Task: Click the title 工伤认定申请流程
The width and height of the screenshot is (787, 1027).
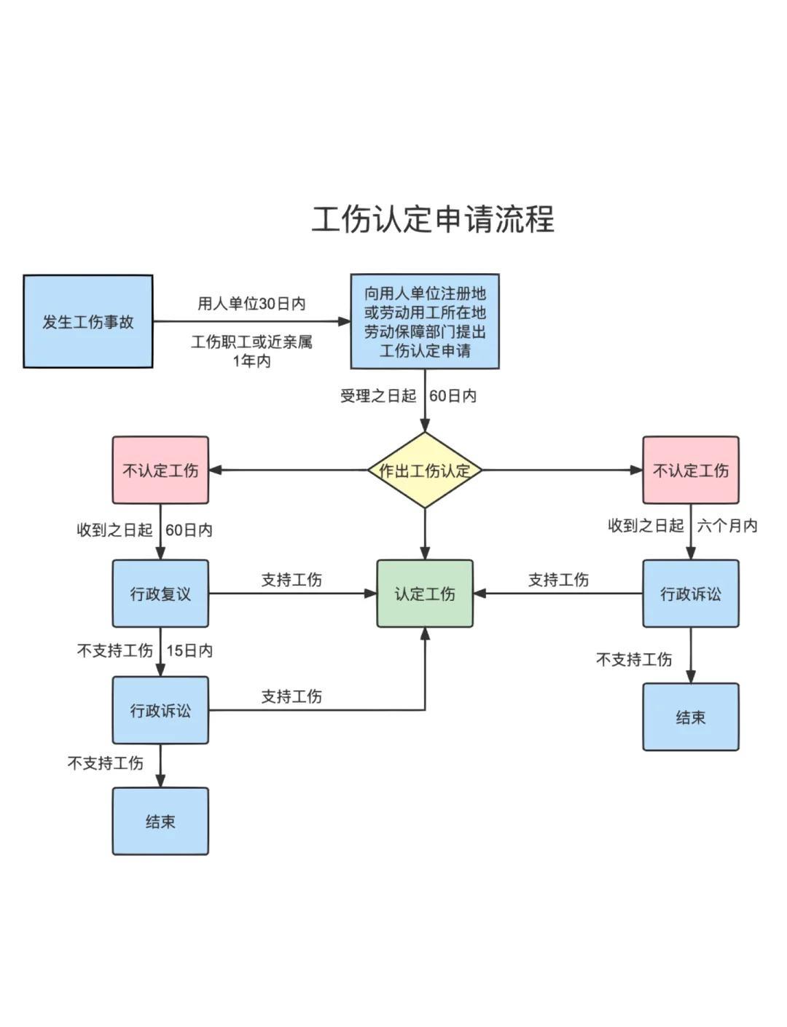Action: (433, 219)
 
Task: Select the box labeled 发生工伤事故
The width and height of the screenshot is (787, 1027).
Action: (88, 321)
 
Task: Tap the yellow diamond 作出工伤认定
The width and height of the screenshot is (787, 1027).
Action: (425, 471)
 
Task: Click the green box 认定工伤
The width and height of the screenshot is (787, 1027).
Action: (425, 594)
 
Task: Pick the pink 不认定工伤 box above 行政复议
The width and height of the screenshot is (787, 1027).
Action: (160, 471)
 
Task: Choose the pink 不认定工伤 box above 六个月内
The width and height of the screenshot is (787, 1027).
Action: (690, 471)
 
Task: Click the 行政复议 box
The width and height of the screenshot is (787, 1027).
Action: (160, 594)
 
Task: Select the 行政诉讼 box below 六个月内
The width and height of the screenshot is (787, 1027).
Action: (690, 594)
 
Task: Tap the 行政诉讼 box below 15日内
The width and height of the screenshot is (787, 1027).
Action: (160, 710)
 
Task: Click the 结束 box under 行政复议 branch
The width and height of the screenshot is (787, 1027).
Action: (160, 821)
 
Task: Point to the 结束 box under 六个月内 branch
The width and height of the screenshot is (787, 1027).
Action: (690, 717)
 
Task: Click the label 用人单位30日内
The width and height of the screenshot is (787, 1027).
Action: (251, 304)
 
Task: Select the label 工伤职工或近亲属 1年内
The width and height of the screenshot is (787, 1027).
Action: (251, 351)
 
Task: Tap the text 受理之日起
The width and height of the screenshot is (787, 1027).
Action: (378, 396)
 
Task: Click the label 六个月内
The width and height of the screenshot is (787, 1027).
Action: (727, 526)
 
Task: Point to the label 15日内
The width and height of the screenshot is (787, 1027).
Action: (189, 650)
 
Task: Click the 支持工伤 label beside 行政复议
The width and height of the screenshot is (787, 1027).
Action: (291, 580)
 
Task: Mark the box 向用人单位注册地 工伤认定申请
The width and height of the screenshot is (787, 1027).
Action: (425, 321)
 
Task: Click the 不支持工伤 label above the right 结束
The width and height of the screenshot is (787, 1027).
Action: (634, 659)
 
